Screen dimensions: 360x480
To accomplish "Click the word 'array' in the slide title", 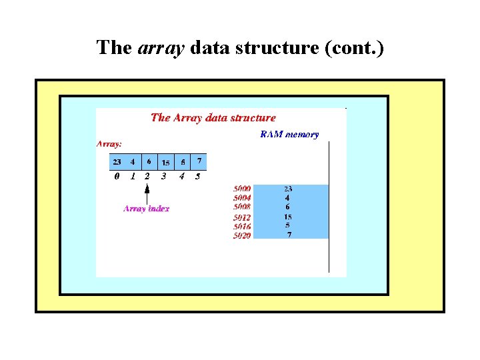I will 162,48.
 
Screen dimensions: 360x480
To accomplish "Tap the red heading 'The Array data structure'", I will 213,118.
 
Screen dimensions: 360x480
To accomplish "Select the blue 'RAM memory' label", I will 289,135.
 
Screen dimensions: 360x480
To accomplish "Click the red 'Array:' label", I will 109,143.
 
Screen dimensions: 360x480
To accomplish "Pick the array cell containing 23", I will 117,161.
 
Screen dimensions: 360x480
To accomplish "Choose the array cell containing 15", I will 165,162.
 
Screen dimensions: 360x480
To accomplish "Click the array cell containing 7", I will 198,161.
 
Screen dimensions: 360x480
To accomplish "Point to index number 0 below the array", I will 117,177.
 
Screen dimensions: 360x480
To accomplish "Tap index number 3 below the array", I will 164,177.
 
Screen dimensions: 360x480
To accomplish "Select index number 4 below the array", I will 181,177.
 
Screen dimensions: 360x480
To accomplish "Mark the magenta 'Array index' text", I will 147,209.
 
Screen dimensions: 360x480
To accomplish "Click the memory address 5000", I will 242,189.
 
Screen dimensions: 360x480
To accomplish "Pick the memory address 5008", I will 242,207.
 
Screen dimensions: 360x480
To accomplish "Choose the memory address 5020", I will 242,235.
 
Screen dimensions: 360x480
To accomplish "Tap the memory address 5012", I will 242,217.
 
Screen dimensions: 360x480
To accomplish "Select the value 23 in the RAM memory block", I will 288,189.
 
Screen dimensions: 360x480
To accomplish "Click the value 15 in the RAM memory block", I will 288,217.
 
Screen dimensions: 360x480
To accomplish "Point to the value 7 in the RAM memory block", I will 289,235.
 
